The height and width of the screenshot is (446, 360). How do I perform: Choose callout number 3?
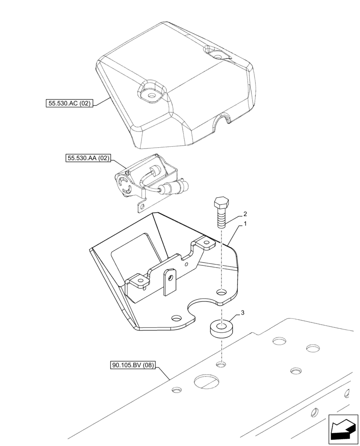(242, 313)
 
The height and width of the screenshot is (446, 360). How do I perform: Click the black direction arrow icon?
(343, 429)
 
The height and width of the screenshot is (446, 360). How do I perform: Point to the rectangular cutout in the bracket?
(134, 252)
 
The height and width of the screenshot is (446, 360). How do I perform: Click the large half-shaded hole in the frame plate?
(206, 382)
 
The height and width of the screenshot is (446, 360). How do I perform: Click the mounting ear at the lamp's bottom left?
(142, 206)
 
